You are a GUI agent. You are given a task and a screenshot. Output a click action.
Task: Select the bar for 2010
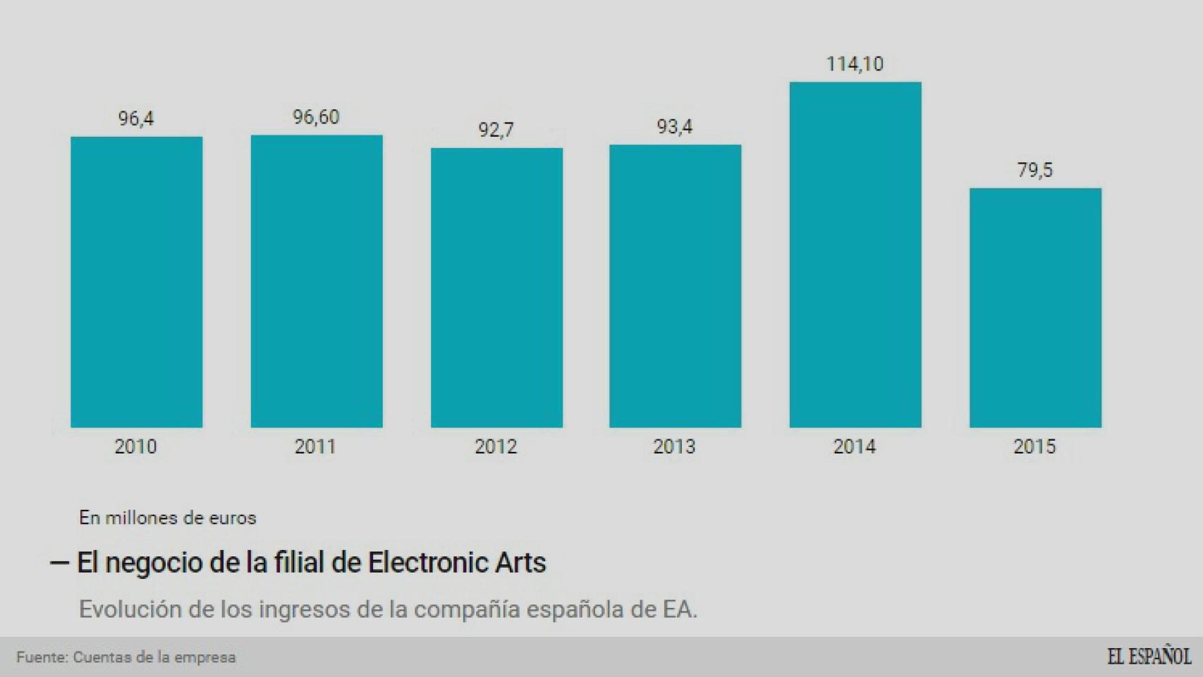tap(136, 282)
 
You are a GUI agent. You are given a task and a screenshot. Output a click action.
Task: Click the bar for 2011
tap(317, 281)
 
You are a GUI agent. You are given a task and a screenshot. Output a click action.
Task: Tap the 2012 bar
tap(496, 288)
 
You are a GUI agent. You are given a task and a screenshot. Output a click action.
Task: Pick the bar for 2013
tap(675, 286)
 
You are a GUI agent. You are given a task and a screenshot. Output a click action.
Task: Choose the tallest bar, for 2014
tap(855, 255)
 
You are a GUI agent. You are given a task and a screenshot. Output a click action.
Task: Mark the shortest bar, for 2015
tap(1034, 307)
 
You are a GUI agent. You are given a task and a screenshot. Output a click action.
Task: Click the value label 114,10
tap(855, 64)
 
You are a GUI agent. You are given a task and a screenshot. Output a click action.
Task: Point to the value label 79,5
tap(1034, 170)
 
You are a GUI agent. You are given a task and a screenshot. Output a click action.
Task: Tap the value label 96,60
tap(316, 117)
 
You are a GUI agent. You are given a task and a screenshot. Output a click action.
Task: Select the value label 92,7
tap(496, 130)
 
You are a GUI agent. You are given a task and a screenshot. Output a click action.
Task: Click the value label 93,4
tap(675, 127)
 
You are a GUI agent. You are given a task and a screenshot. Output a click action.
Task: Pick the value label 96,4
tap(135, 118)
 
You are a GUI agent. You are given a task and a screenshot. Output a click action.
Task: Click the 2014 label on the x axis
tap(854, 446)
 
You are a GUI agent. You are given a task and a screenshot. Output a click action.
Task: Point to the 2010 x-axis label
tap(135, 446)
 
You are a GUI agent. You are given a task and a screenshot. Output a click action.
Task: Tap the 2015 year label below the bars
tap(1034, 446)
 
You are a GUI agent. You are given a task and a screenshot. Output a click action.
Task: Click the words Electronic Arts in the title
tap(457, 563)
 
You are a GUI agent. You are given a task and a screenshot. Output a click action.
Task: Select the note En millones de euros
tap(167, 518)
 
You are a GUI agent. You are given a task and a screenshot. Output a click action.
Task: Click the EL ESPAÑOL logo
tap(1149, 656)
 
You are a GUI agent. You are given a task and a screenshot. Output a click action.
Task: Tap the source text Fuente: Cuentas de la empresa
tap(126, 657)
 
